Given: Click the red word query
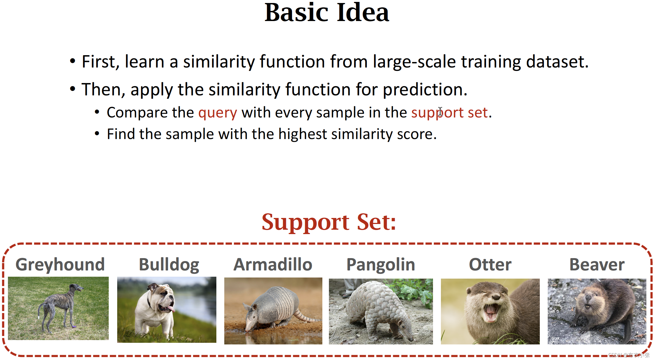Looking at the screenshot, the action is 218,113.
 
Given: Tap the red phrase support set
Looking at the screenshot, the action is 449,113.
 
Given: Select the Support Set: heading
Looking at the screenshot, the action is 329,222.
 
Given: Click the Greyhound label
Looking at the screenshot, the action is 60,265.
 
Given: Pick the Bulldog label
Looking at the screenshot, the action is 169,265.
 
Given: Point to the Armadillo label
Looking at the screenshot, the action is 273,264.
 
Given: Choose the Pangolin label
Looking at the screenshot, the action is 381,265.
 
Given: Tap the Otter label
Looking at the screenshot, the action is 490,264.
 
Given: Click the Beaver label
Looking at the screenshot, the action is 597,264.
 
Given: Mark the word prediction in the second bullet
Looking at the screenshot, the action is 425,90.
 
